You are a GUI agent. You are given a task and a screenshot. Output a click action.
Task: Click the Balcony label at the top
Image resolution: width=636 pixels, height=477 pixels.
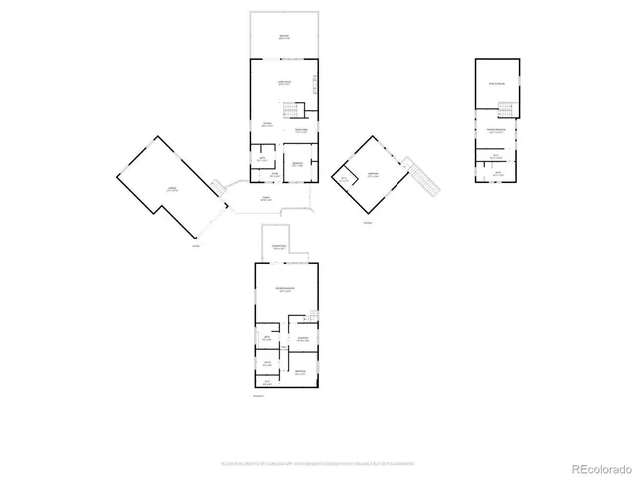pos(284,37)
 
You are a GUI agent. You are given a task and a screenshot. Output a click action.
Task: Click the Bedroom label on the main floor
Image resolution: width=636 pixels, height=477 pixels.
pos(296,165)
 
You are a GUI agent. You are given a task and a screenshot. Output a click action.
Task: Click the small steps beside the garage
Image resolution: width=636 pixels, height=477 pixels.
pos(217,186)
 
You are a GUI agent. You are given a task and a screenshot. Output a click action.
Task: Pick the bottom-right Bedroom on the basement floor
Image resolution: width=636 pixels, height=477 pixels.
pos(300,372)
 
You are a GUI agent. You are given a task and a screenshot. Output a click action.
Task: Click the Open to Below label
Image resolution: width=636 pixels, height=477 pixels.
pos(497,84)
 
